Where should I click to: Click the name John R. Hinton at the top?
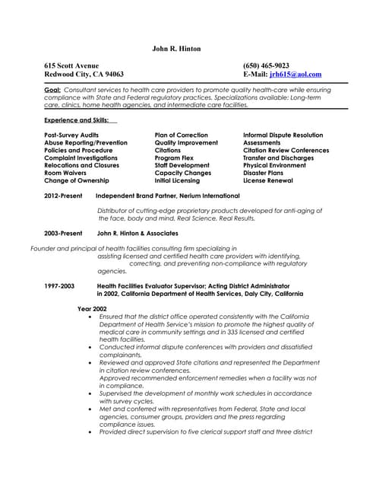[x=176, y=49]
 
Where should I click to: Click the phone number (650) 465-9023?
[x=266, y=65]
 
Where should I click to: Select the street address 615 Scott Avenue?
[x=72, y=65]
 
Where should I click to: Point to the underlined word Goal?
[x=52, y=90]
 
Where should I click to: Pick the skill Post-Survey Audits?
[x=72, y=135]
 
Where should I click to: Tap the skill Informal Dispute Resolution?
[x=283, y=135]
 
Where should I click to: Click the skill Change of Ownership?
[x=77, y=180]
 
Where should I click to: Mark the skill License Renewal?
[x=268, y=180]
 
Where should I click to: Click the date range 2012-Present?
[x=63, y=196]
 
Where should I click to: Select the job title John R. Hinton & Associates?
[x=137, y=233]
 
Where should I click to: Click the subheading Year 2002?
[x=92, y=308]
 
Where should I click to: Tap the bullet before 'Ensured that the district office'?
[x=91, y=316]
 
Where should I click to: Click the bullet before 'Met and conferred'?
[x=91, y=409]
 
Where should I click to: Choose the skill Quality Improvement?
[x=186, y=142]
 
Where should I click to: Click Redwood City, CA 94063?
[x=84, y=75]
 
